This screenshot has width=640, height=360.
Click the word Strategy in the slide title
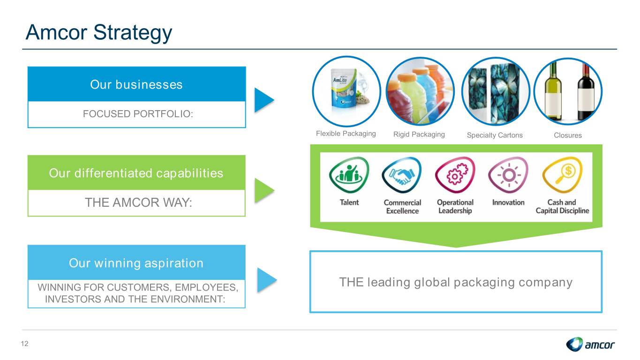[x=133, y=33]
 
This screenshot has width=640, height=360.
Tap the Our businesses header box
[x=136, y=84]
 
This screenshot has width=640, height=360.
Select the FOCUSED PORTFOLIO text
[x=138, y=114]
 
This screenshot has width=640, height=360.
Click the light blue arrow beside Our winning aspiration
[x=267, y=280]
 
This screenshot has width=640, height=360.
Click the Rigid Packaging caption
[x=419, y=134]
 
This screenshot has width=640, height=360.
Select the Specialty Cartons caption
[x=495, y=135]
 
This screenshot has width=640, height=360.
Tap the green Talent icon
[x=349, y=174]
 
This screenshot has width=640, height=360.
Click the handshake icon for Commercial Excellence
[x=402, y=174]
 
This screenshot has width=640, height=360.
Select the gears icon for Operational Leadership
[x=455, y=174]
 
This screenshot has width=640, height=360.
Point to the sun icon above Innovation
[x=508, y=174]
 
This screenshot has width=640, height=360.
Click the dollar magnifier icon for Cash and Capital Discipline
[x=562, y=174]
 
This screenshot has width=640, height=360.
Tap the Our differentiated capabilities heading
[x=136, y=173]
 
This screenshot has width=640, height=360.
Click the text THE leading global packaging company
[x=456, y=283]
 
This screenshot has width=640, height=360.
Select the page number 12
[x=24, y=344]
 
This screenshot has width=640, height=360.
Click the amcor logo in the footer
[x=590, y=344]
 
